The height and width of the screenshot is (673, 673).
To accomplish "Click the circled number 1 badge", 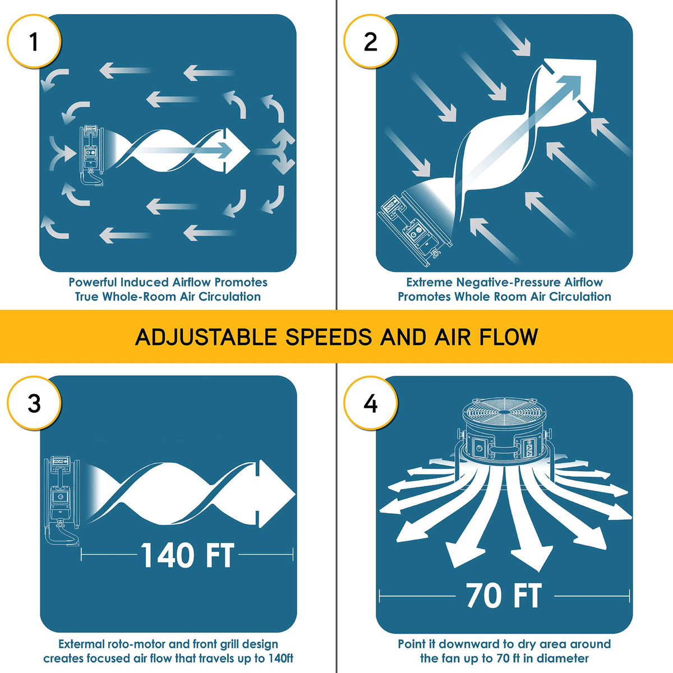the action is tap(34, 42).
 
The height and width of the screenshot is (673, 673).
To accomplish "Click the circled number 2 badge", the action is tap(371, 42).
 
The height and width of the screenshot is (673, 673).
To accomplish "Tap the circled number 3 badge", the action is tap(34, 403).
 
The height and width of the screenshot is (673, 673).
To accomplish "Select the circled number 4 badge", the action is tap(371, 403).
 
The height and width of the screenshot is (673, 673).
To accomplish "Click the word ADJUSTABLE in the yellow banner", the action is tap(206, 337).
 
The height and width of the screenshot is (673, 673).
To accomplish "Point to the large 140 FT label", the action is tap(187, 555).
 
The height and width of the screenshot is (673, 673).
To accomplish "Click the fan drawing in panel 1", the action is tap(92, 155).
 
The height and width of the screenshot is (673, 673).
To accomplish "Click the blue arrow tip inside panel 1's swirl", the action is tap(225, 150).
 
